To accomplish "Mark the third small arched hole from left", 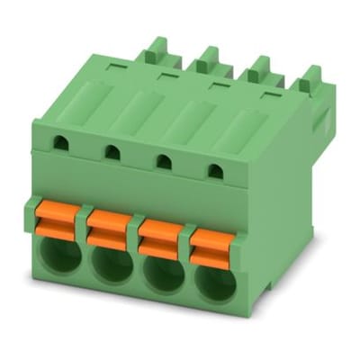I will pos(165,161).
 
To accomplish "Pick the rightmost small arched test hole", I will pos(215,170).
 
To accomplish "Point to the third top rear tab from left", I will pos(259,68).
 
